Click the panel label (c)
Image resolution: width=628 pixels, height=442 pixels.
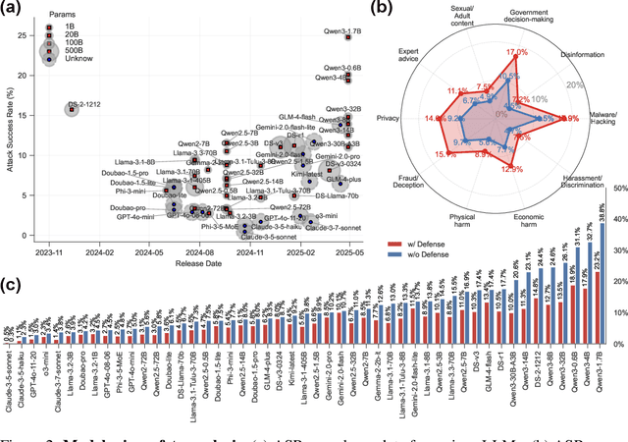click(10, 286)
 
